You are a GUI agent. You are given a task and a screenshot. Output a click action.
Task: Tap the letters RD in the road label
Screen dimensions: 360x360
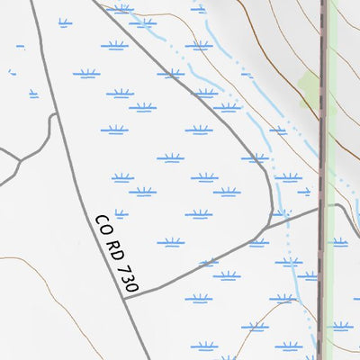coord(113,245)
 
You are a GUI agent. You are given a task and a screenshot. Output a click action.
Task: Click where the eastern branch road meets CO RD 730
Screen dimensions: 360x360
coord(125,294)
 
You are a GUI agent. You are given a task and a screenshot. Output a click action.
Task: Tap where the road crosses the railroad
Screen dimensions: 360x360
coord(322,208)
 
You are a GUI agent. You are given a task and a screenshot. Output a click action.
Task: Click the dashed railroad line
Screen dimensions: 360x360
coord(323,135)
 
